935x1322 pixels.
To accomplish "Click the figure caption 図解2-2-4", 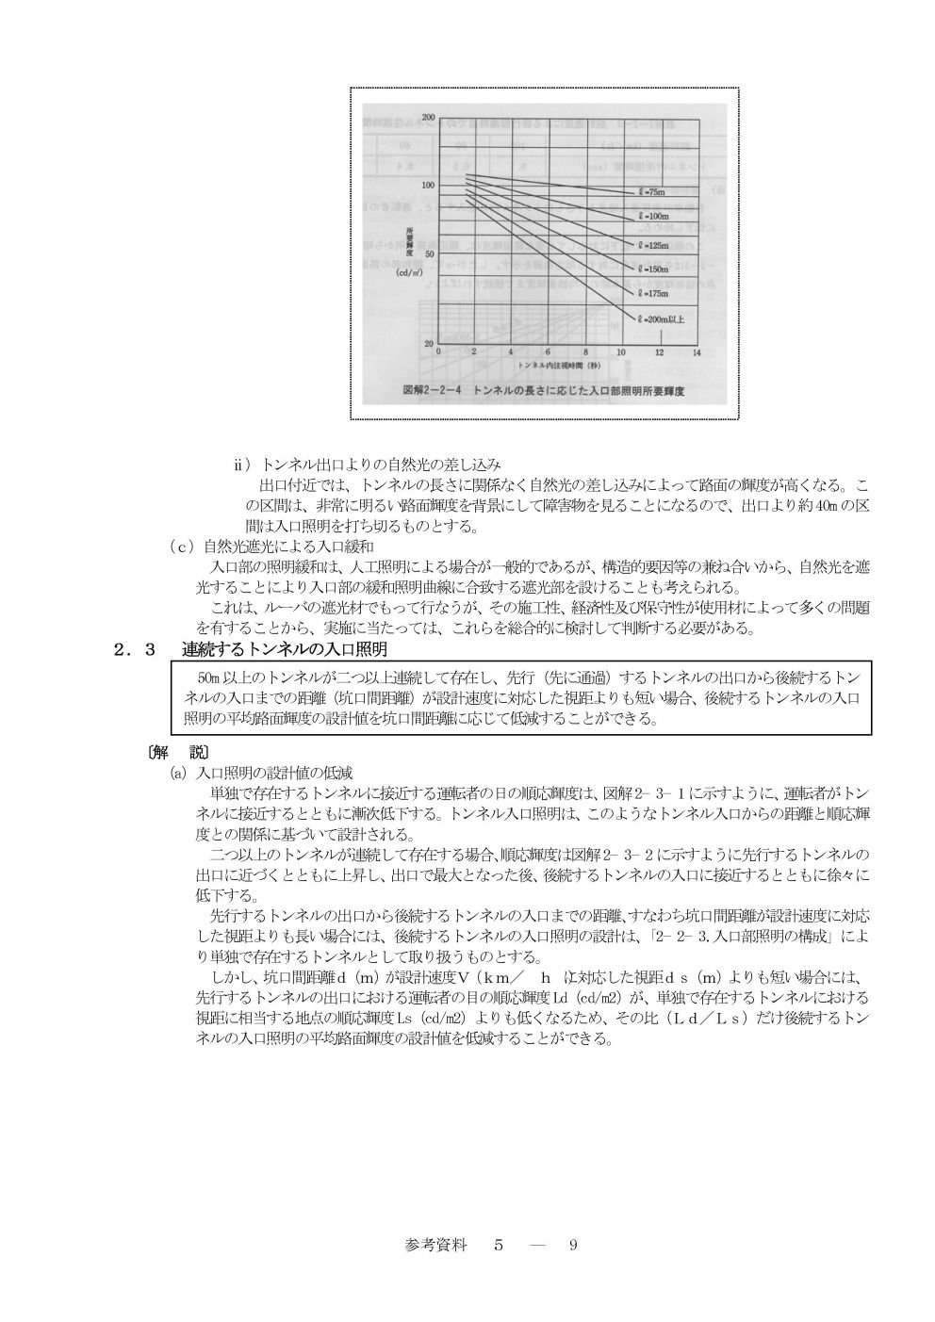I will (x=434, y=388).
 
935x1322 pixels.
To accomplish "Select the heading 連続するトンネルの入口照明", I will (x=285, y=650).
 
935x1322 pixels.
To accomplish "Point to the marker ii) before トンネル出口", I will (x=242, y=465).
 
